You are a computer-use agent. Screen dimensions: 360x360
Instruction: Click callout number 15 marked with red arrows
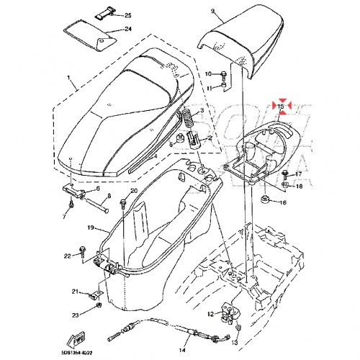282,107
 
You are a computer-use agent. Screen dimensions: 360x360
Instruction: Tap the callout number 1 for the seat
69,76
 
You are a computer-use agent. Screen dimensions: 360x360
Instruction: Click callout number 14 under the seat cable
181,350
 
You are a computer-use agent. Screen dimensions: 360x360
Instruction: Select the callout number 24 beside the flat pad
128,30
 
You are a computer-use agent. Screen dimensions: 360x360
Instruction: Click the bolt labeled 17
287,174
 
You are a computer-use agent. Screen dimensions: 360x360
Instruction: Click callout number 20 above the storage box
133,191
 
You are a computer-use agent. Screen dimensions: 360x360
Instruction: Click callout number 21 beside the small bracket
74,291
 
